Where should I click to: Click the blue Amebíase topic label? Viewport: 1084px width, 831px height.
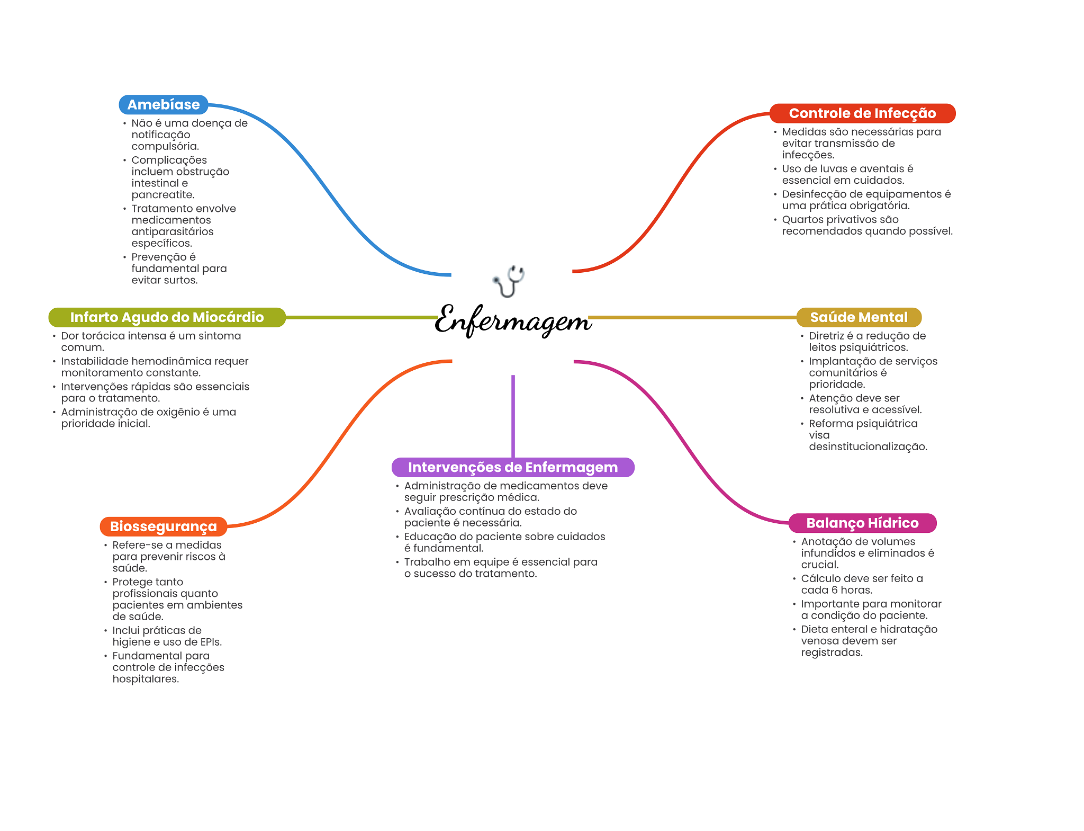(164, 105)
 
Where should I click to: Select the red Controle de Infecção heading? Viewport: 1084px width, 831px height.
(862, 113)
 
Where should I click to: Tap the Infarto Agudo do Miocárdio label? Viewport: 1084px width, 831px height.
(167, 317)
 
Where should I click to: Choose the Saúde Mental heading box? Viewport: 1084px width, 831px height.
(859, 317)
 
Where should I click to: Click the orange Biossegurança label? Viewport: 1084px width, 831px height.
(164, 526)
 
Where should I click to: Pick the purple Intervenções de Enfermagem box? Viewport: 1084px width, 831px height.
(512, 467)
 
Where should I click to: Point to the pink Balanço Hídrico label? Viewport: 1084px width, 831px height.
(862, 523)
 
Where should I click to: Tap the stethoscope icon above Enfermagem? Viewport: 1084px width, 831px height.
(509, 281)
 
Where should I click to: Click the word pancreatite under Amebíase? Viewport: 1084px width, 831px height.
(162, 195)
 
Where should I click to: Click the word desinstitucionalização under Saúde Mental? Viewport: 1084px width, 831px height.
(868, 446)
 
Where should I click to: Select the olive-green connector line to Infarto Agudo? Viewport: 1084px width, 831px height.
(360, 317)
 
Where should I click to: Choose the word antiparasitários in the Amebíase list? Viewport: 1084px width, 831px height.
(173, 232)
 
